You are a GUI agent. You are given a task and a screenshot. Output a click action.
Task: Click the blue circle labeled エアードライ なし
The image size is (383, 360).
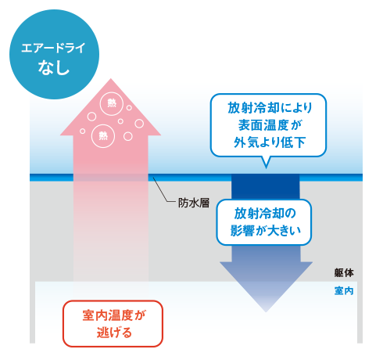click(x=54, y=54)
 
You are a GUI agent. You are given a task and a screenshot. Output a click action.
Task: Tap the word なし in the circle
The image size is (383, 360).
click(x=54, y=67)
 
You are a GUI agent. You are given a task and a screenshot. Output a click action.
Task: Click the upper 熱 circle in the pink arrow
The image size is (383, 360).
click(x=112, y=103)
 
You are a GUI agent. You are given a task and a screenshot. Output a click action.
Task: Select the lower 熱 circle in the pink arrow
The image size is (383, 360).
click(x=103, y=136)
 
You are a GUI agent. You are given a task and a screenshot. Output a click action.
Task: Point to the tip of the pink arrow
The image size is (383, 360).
click(x=111, y=78)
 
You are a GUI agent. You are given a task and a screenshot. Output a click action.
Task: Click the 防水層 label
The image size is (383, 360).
click(x=194, y=203)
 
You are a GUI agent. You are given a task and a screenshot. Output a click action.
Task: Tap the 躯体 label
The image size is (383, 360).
click(x=344, y=273)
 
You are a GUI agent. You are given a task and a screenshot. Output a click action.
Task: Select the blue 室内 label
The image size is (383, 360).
click(x=344, y=290)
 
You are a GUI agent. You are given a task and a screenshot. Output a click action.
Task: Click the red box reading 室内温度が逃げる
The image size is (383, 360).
click(x=113, y=323)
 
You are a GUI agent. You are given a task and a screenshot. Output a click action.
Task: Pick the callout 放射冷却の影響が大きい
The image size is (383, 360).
click(x=264, y=222)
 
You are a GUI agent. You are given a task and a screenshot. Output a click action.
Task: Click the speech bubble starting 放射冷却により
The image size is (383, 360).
click(x=268, y=125)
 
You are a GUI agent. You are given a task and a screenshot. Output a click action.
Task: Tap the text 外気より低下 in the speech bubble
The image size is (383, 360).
click(x=270, y=142)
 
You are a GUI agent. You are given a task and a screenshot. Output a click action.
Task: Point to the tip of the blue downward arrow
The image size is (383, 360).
click(x=266, y=311)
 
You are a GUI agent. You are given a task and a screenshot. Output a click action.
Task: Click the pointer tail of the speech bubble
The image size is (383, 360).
click(x=266, y=162)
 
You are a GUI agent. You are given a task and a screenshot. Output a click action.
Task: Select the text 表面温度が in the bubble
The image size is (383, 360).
click(x=270, y=125)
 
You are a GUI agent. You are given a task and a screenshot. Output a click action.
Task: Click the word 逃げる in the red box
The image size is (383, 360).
click(x=114, y=333)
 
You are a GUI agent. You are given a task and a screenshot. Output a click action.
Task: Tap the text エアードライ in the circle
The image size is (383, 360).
click(x=53, y=48)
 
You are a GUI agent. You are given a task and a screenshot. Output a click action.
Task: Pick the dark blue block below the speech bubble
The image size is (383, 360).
click(x=266, y=187)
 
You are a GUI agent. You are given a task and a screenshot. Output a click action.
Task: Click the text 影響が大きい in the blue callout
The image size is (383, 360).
click(x=265, y=231)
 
